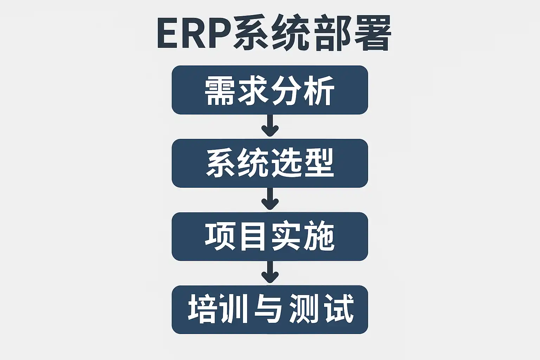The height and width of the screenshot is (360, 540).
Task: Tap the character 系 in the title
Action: [251, 34]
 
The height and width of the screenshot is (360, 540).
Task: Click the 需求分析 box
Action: [270, 90]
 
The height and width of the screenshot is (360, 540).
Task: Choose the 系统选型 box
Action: [270, 163]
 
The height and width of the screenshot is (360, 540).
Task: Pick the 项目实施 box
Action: [270, 236]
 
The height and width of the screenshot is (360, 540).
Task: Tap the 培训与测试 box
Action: [270, 309]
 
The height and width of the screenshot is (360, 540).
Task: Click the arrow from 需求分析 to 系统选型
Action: [270, 126]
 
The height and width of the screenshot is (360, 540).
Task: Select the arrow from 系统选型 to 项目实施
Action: [270, 199]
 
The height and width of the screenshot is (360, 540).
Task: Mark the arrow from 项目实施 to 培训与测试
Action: [270, 272]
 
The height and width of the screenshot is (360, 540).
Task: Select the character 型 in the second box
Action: [319, 163]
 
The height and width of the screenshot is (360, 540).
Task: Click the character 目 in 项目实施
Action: [253, 236]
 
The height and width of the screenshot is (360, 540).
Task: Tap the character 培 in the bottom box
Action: [202, 309]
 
